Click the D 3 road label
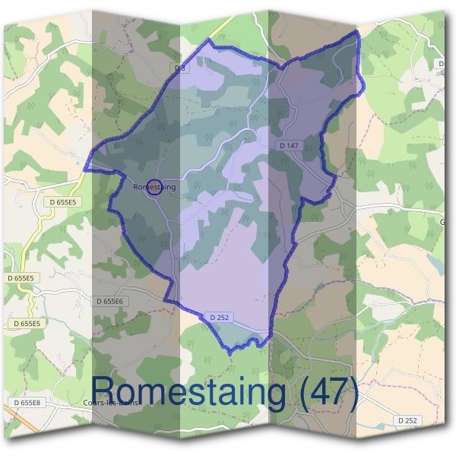(x=179, y=68)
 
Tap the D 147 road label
(x=289, y=144)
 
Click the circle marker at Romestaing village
(x=154, y=186)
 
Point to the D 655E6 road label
(x=110, y=301)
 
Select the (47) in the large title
(x=328, y=394)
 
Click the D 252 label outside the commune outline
(x=407, y=420)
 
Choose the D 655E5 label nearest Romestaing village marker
(x=64, y=202)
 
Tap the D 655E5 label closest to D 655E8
(x=27, y=323)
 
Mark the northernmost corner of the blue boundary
(x=357, y=32)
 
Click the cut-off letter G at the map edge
(x=442, y=223)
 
